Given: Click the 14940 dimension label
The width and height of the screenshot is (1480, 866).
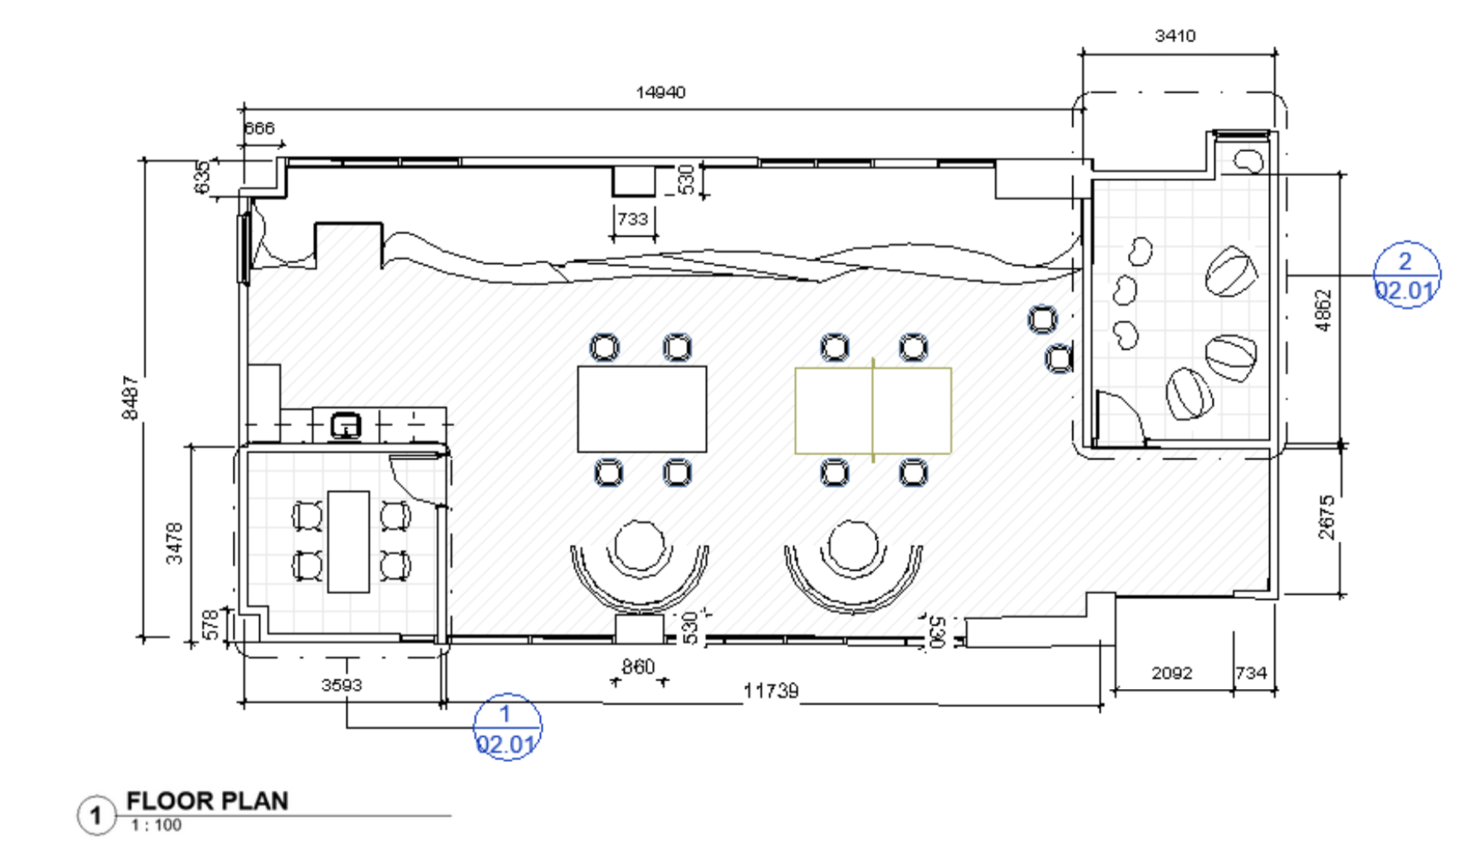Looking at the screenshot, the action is pos(660,92).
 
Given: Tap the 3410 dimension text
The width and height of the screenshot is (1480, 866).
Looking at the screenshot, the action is pos(1174,36).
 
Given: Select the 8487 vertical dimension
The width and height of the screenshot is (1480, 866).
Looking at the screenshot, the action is pos(130,397).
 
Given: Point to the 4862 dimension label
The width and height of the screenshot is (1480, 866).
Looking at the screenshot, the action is pos(1324,310).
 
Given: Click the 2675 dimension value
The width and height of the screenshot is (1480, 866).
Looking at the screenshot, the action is pos(1326,517).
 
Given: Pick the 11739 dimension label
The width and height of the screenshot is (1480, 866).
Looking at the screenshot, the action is pos(771,691).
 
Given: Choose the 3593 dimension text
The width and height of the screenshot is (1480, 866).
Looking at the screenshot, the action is pos(341,685).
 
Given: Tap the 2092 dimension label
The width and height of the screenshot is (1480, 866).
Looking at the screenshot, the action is pos(1171,672).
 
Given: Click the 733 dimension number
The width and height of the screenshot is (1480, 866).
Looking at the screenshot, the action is pos(632,219).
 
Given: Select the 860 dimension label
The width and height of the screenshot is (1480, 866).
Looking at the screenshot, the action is pos(638,667).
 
